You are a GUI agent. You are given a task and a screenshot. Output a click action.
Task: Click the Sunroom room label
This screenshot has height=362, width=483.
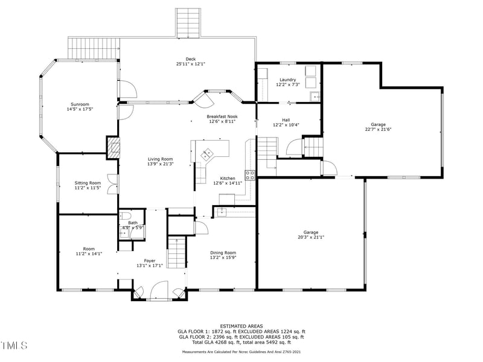click(80, 104)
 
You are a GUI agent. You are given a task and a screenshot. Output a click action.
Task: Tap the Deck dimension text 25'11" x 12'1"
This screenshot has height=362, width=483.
click(191, 64)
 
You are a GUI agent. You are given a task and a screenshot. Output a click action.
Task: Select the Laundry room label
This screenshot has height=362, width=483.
click(288, 80)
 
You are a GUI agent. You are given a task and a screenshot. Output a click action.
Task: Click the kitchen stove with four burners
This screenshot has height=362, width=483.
click(250, 175)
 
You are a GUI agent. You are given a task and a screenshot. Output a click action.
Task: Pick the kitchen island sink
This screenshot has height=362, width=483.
click(206, 153)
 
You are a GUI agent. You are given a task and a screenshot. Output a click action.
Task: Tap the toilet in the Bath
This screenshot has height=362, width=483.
click(126, 215)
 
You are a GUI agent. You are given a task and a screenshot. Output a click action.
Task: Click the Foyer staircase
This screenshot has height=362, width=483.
click(177, 252)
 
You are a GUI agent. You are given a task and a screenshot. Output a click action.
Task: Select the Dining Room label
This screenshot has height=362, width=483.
click(223, 253)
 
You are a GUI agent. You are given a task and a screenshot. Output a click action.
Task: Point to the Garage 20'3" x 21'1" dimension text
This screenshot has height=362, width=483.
click(311, 237)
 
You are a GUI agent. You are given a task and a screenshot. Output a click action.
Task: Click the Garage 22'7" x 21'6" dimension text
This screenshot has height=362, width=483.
click(378, 129)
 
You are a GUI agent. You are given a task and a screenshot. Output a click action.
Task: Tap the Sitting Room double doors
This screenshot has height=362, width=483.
click(113, 185)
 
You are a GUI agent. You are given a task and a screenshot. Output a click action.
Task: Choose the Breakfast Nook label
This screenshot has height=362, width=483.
click(222, 116)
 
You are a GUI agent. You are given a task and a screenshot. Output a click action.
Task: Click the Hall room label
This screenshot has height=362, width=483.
click(286, 120)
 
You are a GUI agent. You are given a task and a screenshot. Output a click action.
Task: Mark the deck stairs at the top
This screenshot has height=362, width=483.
click(188, 23)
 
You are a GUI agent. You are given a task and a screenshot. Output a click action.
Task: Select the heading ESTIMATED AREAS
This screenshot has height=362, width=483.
click(241, 326)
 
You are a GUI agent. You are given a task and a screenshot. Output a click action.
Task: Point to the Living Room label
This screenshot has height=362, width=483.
click(161, 159)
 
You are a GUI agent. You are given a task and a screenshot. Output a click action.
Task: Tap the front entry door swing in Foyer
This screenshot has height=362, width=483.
click(159, 290)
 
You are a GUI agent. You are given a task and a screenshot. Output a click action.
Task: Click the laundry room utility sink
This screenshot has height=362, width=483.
click(315, 97)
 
